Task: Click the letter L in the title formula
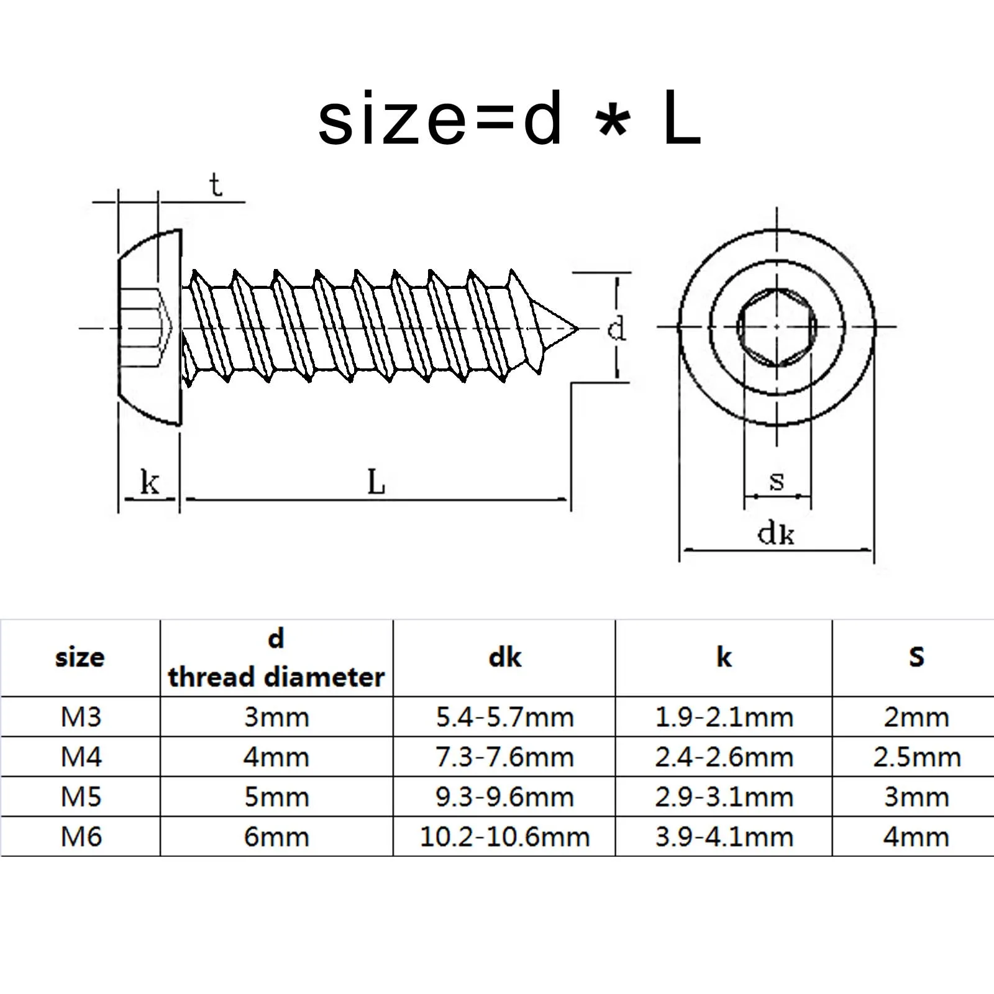tap(682, 119)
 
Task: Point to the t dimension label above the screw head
tap(216, 185)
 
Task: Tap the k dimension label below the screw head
tap(149, 482)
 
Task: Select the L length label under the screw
tap(376, 482)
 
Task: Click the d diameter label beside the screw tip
tap(616, 328)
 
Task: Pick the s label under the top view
tap(777, 481)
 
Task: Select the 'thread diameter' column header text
tap(276, 677)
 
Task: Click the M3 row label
tap(81, 718)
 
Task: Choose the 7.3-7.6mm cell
tap(504, 757)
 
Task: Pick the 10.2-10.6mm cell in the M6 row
tap(504, 837)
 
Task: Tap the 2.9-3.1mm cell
tap(724, 797)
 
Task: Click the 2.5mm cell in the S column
tap(917, 757)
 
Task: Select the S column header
tap(917, 657)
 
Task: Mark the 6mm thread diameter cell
tap(276, 837)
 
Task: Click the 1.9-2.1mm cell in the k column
tap(724, 718)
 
